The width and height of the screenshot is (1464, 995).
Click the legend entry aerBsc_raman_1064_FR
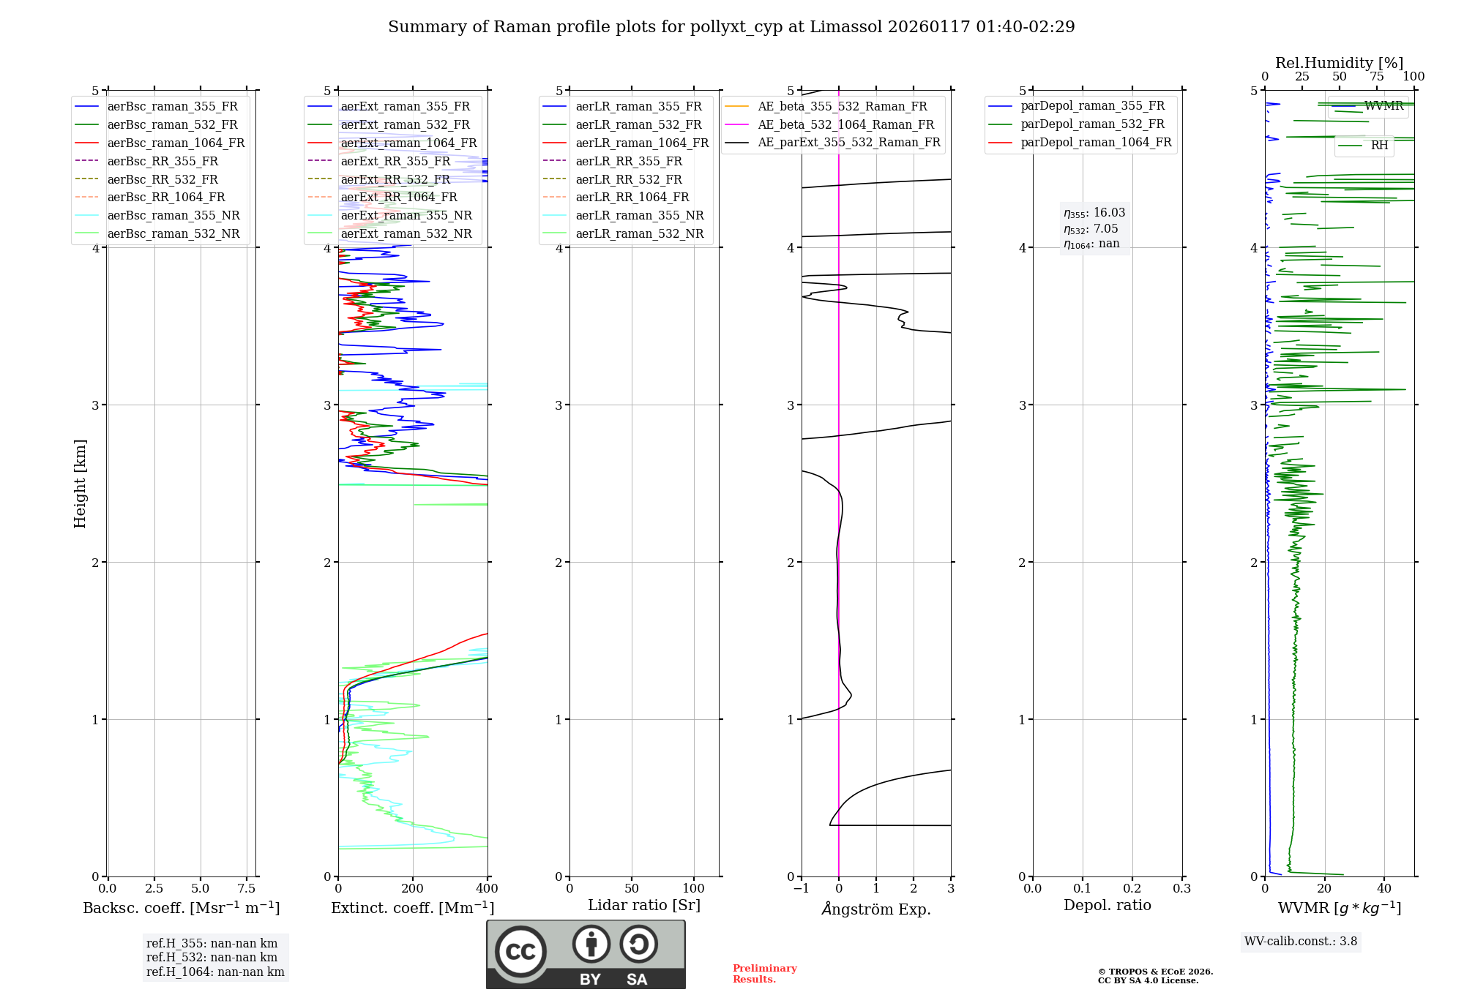click(176, 143)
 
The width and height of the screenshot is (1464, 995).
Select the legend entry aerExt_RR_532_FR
click(395, 179)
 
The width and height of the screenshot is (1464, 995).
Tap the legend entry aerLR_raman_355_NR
click(639, 216)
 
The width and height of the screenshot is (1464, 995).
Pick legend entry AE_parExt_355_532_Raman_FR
click(848, 143)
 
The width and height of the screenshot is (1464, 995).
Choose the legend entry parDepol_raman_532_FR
click(1092, 124)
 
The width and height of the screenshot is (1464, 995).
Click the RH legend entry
click(1379, 146)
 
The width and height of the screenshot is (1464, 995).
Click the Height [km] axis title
click(80, 484)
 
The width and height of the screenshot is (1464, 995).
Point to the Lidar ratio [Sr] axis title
click(643, 905)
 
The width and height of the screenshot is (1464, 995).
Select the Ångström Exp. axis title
click(875, 909)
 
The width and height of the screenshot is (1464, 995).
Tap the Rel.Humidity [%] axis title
click(1339, 63)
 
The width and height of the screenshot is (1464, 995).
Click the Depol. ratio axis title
click(1107, 905)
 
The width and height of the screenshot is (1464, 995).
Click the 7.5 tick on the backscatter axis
click(247, 889)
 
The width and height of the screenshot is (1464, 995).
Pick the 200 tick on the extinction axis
click(413, 889)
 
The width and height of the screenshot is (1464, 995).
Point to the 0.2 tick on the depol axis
click(1132, 889)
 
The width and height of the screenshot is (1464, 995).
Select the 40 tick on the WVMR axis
click(1383, 889)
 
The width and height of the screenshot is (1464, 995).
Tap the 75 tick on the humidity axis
click(1376, 77)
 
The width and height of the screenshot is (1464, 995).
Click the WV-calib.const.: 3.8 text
click(1301, 942)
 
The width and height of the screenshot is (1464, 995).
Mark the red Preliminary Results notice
click(764, 974)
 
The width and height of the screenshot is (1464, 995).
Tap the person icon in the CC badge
click(591, 945)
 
